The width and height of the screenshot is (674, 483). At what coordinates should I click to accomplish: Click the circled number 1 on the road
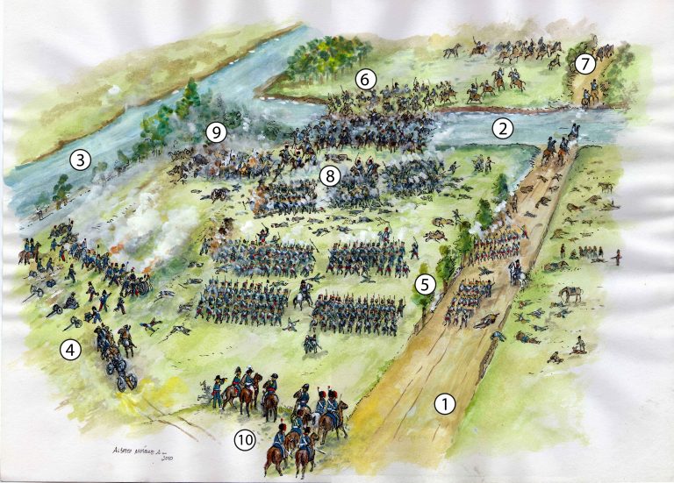coord(446,403)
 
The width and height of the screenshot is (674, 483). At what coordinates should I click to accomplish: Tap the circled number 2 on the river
coord(502,128)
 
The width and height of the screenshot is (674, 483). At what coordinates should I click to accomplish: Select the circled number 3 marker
coord(80,160)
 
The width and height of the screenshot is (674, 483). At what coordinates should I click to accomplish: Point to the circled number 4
coord(70,350)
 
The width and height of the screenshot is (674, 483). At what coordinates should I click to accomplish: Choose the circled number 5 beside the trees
coord(425,284)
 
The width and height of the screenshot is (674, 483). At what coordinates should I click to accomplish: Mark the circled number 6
coord(366,80)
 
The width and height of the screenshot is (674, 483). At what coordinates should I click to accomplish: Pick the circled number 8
coord(329,174)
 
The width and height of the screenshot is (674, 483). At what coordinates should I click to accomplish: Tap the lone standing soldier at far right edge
coord(621,257)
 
